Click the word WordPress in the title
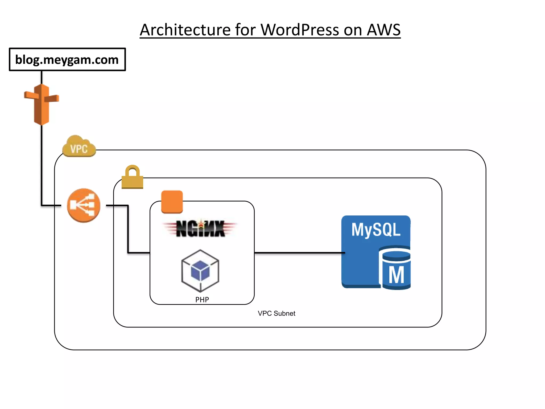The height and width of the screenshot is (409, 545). click(300, 30)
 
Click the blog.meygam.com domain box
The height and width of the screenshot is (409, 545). click(67, 59)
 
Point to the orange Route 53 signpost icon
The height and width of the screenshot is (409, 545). click(42, 104)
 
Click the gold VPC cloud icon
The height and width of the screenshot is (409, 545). click(79, 147)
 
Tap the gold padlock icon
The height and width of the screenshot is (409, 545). click(132, 177)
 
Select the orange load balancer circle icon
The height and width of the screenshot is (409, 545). click(84, 205)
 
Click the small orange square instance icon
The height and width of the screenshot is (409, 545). click(172, 202)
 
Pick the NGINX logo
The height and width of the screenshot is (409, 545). click(200, 228)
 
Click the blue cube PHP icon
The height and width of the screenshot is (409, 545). click(200, 270)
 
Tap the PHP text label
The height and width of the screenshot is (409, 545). click(202, 300)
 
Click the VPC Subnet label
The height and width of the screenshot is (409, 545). click(276, 313)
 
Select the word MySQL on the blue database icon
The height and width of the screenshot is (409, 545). click(375, 230)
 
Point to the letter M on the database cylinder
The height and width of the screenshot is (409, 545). click(396, 275)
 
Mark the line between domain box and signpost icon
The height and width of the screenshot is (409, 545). click(42, 77)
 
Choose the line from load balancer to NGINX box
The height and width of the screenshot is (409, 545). click(128, 229)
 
